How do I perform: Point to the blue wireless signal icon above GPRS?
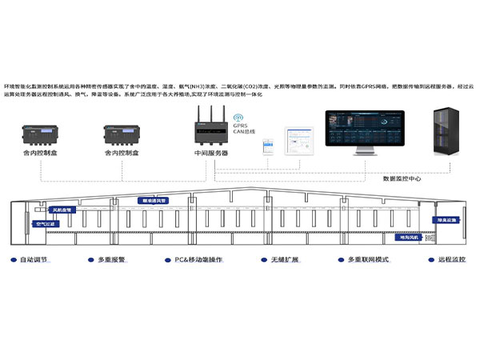coord(239,116)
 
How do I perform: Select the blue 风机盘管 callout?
coord(62,210)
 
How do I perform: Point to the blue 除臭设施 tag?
coord(447,218)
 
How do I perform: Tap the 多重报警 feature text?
coord(114,260)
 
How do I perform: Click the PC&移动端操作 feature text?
coord(198,260)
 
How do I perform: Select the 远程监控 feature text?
coord(451,260)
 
